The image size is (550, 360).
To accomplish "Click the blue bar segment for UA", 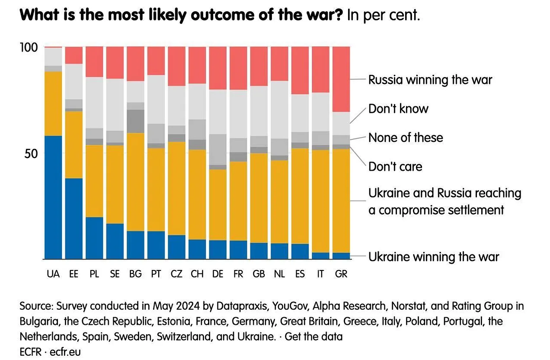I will point(53,197).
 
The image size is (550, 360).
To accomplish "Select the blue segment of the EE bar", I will point(74,219).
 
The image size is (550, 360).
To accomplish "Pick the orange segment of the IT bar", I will point(320,201).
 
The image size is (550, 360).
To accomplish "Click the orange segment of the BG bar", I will point(135,182).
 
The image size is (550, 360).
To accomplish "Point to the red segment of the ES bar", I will point(300,70).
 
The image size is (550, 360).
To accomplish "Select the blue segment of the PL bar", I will point(94,238).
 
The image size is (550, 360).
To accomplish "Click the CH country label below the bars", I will point(197,274).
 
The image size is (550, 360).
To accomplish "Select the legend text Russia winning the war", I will point(430,80).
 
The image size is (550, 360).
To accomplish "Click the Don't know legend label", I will point(398,109).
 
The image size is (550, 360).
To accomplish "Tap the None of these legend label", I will point(406,138).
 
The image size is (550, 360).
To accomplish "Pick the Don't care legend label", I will point(395,166).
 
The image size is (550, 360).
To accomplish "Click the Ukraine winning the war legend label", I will point(433,257).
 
